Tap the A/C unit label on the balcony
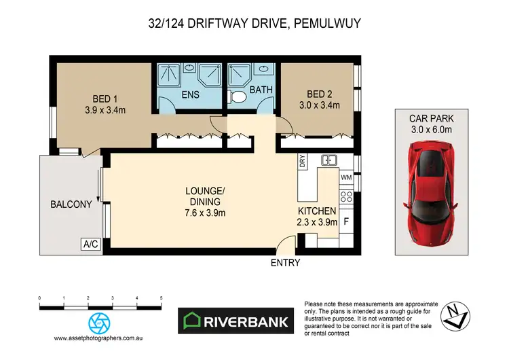point(90,244)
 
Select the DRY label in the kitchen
point(303,162)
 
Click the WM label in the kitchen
point(345,177)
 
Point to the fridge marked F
point(346,221)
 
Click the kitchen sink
point(330,161)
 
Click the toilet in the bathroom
point(238,97)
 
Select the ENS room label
point(190,95)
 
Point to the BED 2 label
point(319,94)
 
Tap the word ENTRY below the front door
point(285,262)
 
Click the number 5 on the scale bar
point(161,298)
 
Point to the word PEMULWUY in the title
point(324,24)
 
